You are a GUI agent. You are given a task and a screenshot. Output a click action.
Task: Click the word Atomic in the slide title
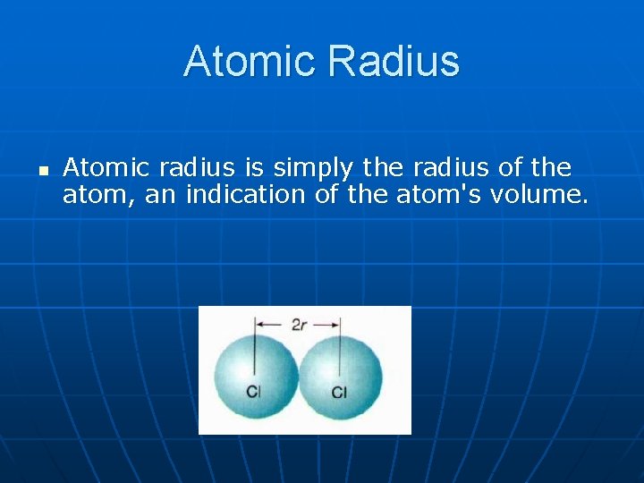click(250, 62)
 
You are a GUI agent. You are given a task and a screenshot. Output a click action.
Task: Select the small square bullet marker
click(42, 167)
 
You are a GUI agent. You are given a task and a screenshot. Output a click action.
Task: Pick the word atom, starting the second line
click(99, 195)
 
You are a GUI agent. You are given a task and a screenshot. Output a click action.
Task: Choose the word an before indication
click(161, 194)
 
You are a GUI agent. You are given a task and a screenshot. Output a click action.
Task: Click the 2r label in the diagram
click(299, 325)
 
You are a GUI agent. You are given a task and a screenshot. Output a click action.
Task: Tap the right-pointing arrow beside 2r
click(328, 325)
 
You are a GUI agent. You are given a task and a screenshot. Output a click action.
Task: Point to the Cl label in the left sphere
click(254, 392)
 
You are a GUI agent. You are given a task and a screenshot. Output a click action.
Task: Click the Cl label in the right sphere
click(339, 392)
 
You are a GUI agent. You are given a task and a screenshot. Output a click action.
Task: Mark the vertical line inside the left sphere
click(254, 353)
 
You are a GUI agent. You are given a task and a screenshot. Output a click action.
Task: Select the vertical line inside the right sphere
click(340, 353)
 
